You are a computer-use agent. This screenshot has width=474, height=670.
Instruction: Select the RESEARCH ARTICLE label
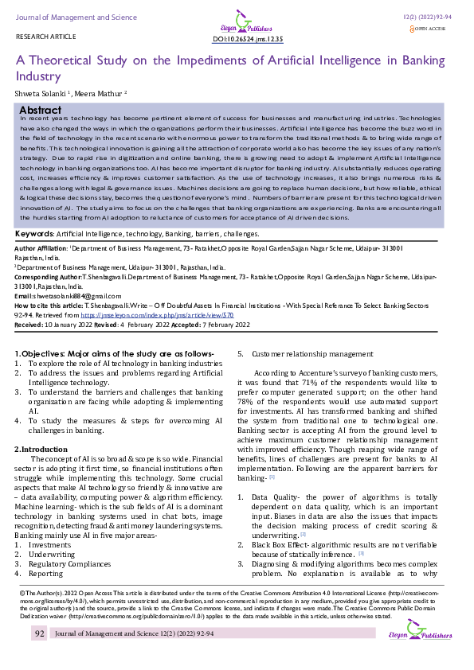tap(41, 38)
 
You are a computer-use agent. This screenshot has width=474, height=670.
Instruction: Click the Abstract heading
tap(41, 110)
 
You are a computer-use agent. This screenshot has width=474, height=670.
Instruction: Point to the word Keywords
tap(35, 235)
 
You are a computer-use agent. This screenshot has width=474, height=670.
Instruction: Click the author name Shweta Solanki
tap(41, 92)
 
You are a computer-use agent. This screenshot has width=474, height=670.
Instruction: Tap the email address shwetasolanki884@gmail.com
tap(68, 296)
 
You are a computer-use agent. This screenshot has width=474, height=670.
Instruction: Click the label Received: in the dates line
tap(29, 324)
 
